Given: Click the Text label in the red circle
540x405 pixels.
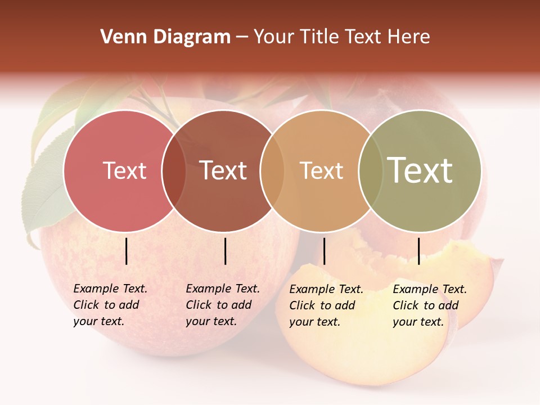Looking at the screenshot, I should [x=124, y=170].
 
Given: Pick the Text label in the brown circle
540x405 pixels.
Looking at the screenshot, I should [x=223, y=170].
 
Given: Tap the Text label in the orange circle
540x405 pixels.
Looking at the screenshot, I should [x=321, y=170].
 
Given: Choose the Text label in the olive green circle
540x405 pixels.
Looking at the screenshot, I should [x=420, y=170].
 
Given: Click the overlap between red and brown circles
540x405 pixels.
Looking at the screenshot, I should [x=174, y=170].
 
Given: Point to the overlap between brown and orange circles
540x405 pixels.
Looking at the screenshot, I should [x=272, y=170].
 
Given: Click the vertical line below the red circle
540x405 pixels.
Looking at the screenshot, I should [x=127, y=251].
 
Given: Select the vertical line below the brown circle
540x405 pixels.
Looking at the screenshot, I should [x=225, y=251].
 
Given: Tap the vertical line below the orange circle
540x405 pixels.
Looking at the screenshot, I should [x=324, y=251].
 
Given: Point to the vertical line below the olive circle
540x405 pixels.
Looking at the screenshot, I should [x=418, y=251].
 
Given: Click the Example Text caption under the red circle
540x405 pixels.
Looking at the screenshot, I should [x=110, y=305].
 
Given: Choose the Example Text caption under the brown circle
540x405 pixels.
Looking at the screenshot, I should [x=222, y=305].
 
